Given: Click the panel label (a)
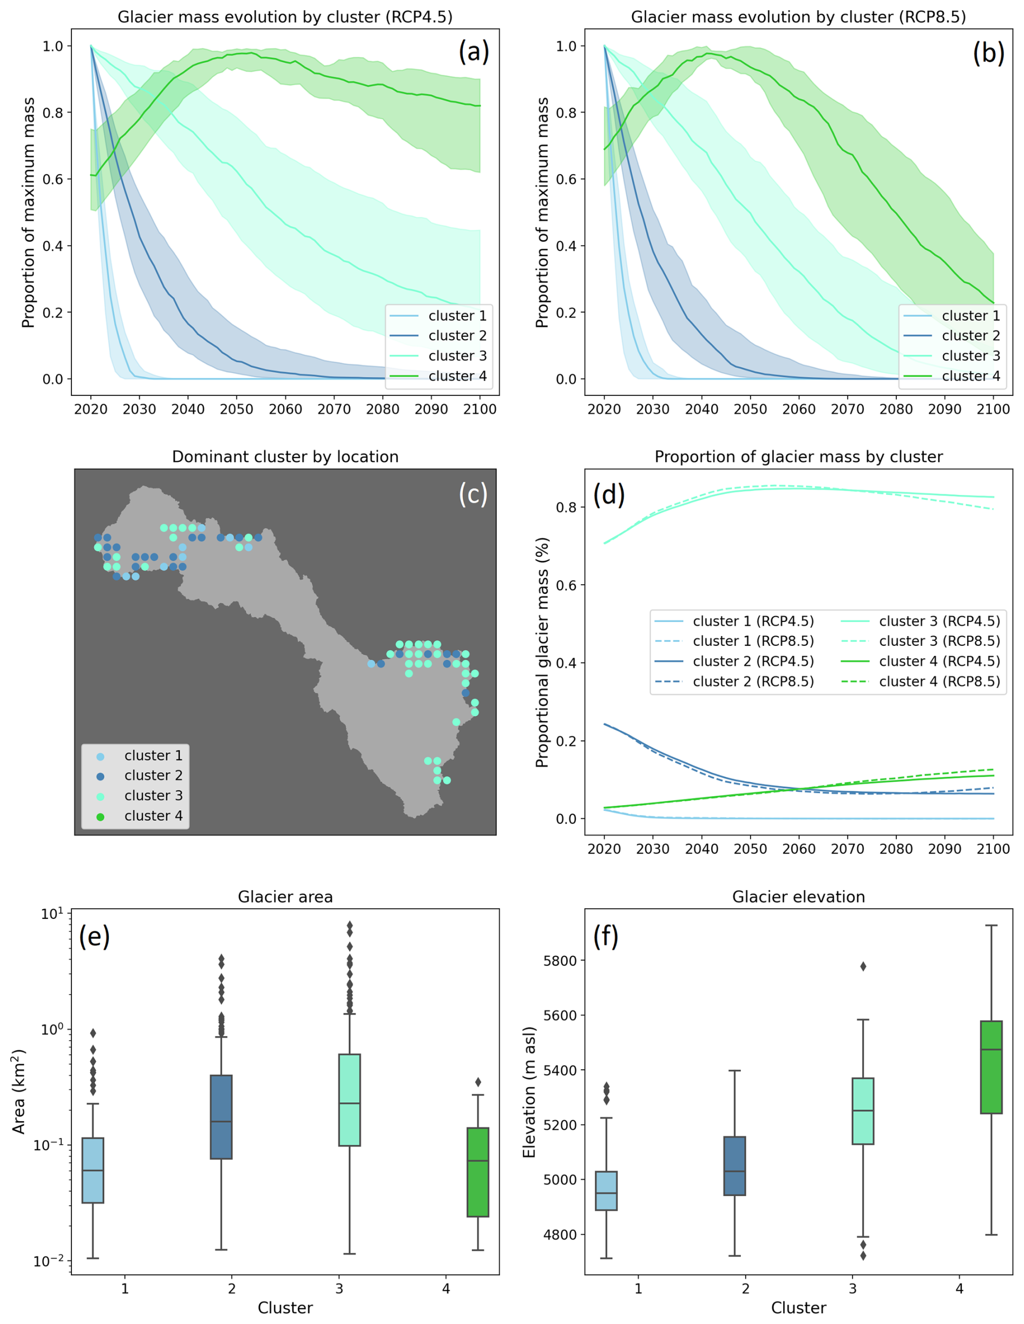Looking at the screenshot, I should pos(473,52).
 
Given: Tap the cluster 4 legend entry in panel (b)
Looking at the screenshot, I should pos(970,376).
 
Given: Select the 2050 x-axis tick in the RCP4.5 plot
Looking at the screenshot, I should pos(237,409).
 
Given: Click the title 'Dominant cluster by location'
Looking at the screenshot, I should pos(285,456).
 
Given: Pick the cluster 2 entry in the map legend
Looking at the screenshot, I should pos(153,776).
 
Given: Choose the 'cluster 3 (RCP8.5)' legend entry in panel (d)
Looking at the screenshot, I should pos(938,641).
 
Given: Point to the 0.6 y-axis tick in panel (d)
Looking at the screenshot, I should pos(566,585).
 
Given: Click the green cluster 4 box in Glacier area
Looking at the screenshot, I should pos(478,1172).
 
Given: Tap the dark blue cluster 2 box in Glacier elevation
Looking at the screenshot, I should pos(734,1166).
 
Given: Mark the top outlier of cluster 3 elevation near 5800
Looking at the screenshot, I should pos(863,966).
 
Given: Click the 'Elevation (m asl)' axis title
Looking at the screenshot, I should pos(529,1092).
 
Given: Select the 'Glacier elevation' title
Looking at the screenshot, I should pos(798,897).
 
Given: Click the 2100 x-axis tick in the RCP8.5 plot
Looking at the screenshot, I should pos(993,409).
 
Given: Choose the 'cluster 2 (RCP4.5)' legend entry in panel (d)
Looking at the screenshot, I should pos(753,661).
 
